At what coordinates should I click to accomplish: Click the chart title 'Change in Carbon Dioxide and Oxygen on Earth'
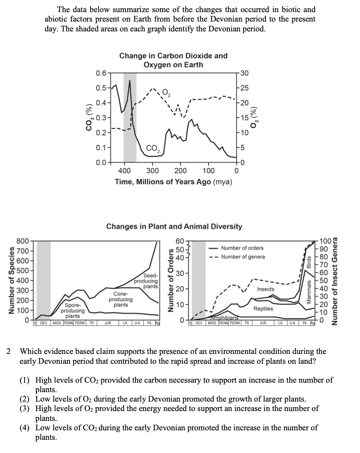tap(173, 60)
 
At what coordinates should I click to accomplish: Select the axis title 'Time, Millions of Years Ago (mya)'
tap(174, 182)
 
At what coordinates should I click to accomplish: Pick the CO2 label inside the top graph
tap(153, 148)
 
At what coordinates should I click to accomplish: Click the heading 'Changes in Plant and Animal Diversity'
tap(174, 226)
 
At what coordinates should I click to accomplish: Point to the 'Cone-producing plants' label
tap(121, 299)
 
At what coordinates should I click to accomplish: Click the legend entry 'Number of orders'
tap(242, 248)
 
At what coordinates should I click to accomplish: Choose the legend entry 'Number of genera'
tap(243, 257)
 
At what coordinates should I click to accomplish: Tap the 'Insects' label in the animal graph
tap(265, 289)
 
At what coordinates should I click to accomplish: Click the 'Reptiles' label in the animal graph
tap(263, 309)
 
